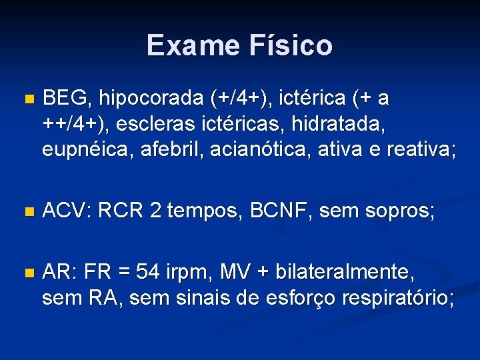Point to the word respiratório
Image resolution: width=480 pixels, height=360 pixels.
click(397, 299)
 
